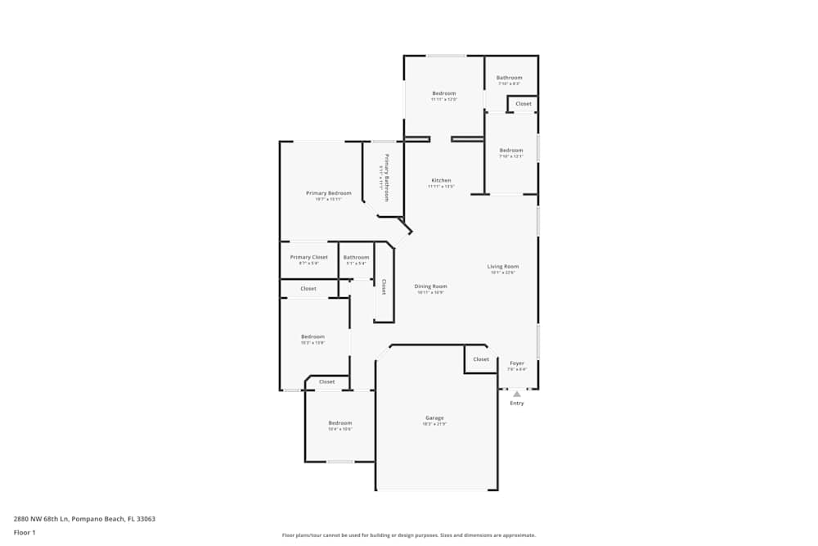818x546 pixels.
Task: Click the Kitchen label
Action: [x=441, y=180]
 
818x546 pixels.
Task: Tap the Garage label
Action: [x=434, y=417]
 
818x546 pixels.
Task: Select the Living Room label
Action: [x=503, y=266]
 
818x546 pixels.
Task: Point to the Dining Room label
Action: [x=430, y=287]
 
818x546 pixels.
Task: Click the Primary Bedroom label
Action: [x=328, y=193]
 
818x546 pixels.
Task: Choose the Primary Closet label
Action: [x=308, y=257]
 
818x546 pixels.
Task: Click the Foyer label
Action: [x=517, y=363]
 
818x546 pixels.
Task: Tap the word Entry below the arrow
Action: [x=517, y=403]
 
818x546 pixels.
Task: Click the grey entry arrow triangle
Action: [x=517, y=394]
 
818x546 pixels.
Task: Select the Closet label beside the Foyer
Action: [x=481, y=359]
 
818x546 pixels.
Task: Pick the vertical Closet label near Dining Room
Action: [x=384, y=287]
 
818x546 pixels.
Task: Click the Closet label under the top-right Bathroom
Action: [x=524, y=104]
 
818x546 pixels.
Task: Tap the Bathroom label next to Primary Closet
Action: [x=356, y=257]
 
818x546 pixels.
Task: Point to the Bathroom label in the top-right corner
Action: [x=509, y=78]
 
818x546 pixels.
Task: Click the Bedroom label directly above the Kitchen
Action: [x=443, y=93]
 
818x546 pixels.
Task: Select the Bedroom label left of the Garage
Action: [x=339, y=422]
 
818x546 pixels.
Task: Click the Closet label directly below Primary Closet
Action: [x=308, y=288]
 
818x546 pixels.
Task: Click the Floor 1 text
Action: [x=25, y=532]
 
